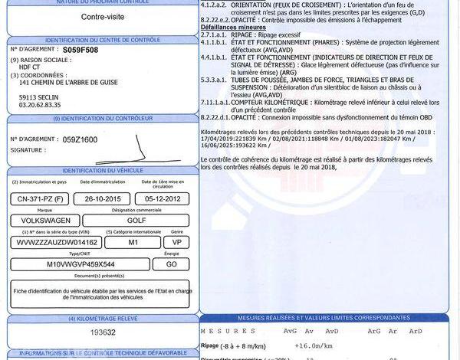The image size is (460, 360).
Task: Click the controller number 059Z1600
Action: [x=80, y=139]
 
